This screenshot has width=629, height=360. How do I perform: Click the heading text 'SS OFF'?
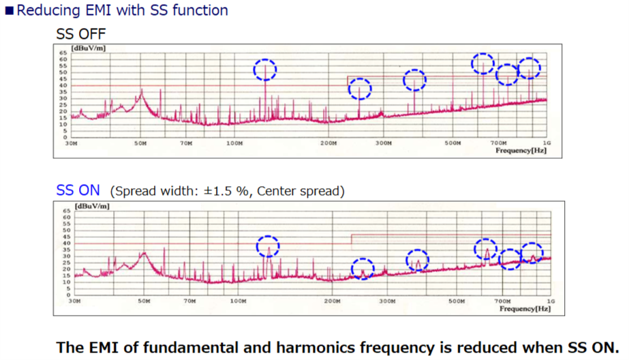pos(81,33)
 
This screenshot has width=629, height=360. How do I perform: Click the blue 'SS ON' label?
pos(78,190)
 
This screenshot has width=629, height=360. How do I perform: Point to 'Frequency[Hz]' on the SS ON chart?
pos(524,308)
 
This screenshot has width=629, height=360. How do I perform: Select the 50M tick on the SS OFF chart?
pos(140,144)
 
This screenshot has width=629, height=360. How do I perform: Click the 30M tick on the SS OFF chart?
pos(70,144)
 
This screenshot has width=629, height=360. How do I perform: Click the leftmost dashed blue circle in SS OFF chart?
pos(266,69)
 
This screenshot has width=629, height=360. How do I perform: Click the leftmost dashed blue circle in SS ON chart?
pos(269,245)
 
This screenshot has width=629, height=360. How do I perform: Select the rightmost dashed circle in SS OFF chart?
pos(529,67)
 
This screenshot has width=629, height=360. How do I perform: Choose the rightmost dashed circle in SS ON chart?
pos(532,252)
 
